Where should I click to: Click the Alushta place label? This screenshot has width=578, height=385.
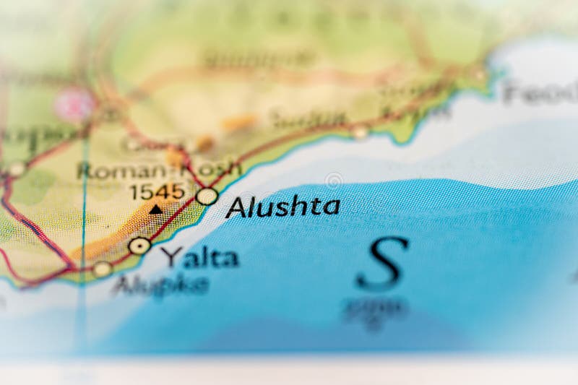coord(282,207)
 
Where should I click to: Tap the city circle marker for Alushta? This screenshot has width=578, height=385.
coord(207,196)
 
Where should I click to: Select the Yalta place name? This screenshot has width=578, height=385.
coord(199,257)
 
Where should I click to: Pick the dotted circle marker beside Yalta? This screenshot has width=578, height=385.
coord(139,246)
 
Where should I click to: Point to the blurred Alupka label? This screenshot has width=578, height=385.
coord(160,285)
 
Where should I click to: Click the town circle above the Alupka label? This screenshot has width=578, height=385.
coord(102,269)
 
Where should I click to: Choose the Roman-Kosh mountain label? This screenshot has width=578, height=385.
coord(158,170)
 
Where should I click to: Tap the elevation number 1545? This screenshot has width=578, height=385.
coord(157,191)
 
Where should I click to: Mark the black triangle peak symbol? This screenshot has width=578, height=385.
coord(156,209)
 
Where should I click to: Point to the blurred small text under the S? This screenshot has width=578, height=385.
coord(376,309)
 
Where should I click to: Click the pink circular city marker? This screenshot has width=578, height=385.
coord(74,105)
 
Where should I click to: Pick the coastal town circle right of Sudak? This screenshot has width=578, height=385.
coord(360,131)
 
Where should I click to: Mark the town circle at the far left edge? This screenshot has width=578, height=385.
coord(16,170)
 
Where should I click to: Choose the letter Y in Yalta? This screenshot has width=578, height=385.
coord(172,256)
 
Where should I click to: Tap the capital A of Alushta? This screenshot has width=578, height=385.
coord(236,208)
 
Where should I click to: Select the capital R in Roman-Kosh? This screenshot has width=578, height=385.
coord(85,171)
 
